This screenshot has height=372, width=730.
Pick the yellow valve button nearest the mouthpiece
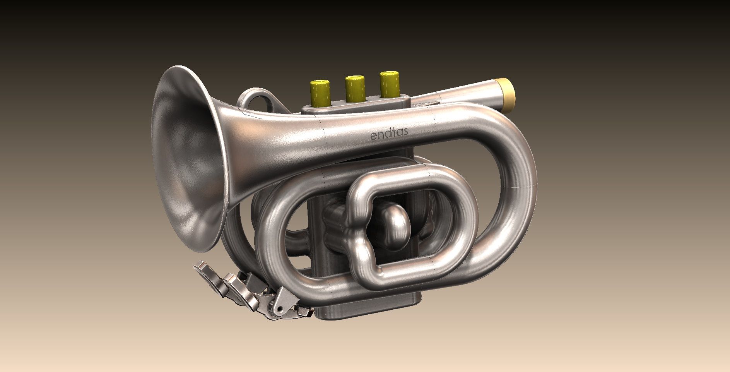[389, 83]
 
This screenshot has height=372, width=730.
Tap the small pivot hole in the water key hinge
[278, 309]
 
